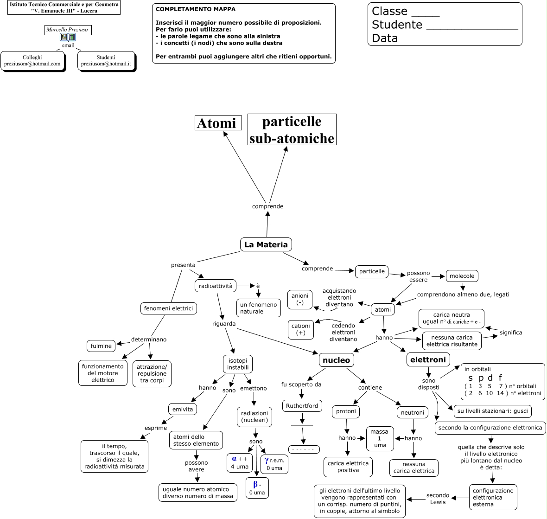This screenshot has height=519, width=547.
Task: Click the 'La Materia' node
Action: [x=266, y=244]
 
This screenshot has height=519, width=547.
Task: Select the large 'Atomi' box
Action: [x=218, y=123]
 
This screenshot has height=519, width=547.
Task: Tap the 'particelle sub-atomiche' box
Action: [x=292, y=130]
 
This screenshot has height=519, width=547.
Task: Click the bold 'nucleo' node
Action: [x=337, y=360]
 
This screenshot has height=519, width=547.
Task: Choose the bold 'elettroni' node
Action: [x=428, y=359]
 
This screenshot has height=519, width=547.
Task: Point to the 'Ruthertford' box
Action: [x=302, y=406]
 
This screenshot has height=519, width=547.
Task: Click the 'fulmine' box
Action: [x=101, y=346]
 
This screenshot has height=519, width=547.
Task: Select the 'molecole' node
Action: [x=462, y=276]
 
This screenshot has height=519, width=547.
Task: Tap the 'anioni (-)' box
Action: [x=300, y=299]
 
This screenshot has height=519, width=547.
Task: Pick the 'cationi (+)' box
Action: [x=300, y=329]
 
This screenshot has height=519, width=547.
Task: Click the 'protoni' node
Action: [x=346, y=411]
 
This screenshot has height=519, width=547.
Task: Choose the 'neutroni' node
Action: [x=412, y=412]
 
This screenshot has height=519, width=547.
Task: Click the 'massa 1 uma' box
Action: [x=380, y=438]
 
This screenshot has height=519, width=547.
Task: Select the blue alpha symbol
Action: [x=234, y=459]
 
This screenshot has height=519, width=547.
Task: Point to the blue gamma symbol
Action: [x=267, y=461]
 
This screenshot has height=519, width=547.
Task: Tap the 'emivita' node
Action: [x=183, y=409]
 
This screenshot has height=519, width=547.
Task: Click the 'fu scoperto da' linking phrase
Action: [x=301, y=384]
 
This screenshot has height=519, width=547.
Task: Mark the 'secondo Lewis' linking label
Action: [x=438, y=499]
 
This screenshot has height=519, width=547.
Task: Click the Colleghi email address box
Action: [x=32, y=61]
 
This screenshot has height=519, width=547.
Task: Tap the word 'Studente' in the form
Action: [x=397, y=25]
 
